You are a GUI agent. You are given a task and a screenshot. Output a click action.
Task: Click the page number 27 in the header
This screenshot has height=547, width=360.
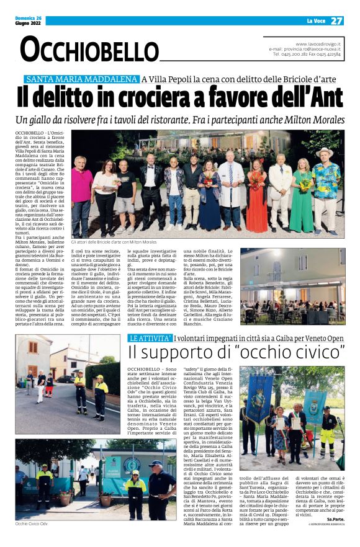pyautogui.click(x=336, y=20)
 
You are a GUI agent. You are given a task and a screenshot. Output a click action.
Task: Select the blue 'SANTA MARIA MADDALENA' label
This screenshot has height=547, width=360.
pyautogui.click(x=81, y=79)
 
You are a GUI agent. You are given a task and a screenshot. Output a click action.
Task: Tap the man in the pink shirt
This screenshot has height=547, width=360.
pyautogui.click(x=81, y=192)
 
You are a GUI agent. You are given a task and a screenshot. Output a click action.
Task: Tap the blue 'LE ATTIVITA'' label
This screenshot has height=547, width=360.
pyautogui.click(x=150, y=338)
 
